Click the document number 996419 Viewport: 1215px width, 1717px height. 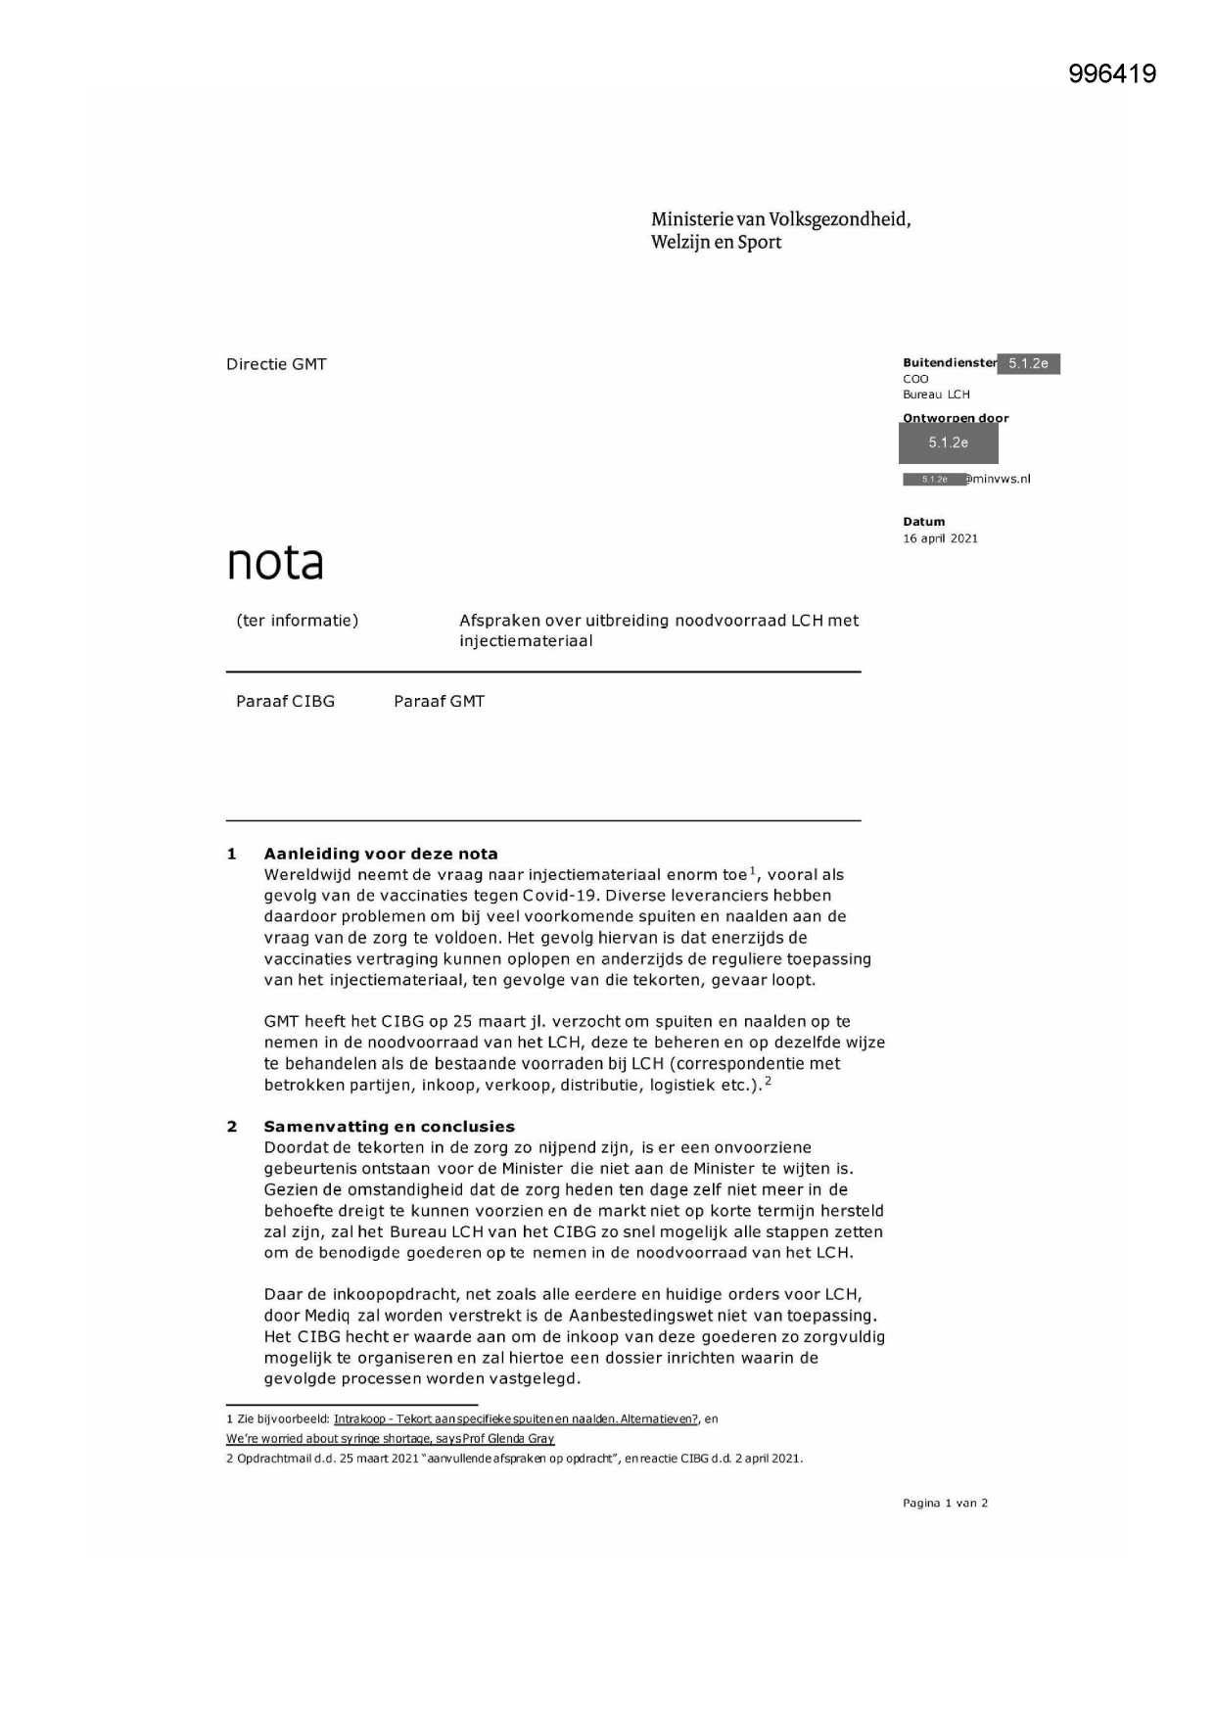coord(1112,74)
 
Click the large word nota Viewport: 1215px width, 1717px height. coord(275,563)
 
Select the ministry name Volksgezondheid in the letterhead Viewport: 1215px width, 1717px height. coord(839,219)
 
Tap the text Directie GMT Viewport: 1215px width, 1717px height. coord(276,364)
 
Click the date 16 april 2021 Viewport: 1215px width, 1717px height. coord(940,538)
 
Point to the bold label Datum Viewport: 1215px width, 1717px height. coord(923,522)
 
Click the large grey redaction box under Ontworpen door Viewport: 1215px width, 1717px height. coord(948,443)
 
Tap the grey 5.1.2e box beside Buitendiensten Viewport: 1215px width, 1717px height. coord(1027,364)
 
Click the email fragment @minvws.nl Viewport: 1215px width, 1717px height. coord(998,479)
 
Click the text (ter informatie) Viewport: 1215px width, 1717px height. coord(297,621)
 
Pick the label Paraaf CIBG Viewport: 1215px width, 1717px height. coord(285,702)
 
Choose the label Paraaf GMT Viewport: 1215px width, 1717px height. coord(439,702)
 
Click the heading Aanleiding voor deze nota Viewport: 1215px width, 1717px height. coord(380,854)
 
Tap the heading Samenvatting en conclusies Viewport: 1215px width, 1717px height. coord(389,1127)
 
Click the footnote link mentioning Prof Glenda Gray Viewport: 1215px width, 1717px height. coord(390,1439)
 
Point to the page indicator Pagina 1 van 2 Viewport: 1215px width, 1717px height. coord(945,1503)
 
